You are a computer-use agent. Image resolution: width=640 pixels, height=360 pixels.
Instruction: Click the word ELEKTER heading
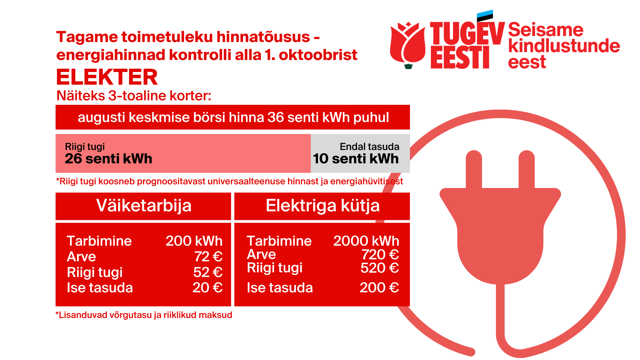107,77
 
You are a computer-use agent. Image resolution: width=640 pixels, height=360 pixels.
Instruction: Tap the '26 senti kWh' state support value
108,159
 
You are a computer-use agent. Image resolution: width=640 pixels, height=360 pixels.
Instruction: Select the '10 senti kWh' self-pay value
356,159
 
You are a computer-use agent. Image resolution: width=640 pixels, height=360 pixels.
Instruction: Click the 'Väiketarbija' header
144,205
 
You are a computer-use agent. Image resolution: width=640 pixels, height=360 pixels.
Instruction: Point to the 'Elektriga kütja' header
323,205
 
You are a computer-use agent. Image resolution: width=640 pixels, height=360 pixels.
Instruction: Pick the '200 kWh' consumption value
194,241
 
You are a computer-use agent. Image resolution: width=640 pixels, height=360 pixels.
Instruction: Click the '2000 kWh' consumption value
366,241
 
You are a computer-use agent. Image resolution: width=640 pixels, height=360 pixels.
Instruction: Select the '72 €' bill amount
208,257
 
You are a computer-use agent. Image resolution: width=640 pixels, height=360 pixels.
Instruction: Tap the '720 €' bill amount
380,255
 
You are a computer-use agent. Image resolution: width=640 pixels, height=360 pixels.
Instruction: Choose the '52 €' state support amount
208,272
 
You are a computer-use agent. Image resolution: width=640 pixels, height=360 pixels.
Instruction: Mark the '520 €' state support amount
380,268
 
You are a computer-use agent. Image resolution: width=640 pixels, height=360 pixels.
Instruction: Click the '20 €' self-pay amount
207,288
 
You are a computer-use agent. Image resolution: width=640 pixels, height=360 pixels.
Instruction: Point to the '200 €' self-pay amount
379,288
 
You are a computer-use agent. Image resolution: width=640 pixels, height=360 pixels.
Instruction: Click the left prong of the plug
474,169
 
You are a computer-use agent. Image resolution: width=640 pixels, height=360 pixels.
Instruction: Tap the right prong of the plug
527,169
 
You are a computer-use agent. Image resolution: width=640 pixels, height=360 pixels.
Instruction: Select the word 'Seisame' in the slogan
546,30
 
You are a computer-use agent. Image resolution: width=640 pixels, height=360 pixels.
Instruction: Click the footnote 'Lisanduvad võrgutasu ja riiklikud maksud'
144,315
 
